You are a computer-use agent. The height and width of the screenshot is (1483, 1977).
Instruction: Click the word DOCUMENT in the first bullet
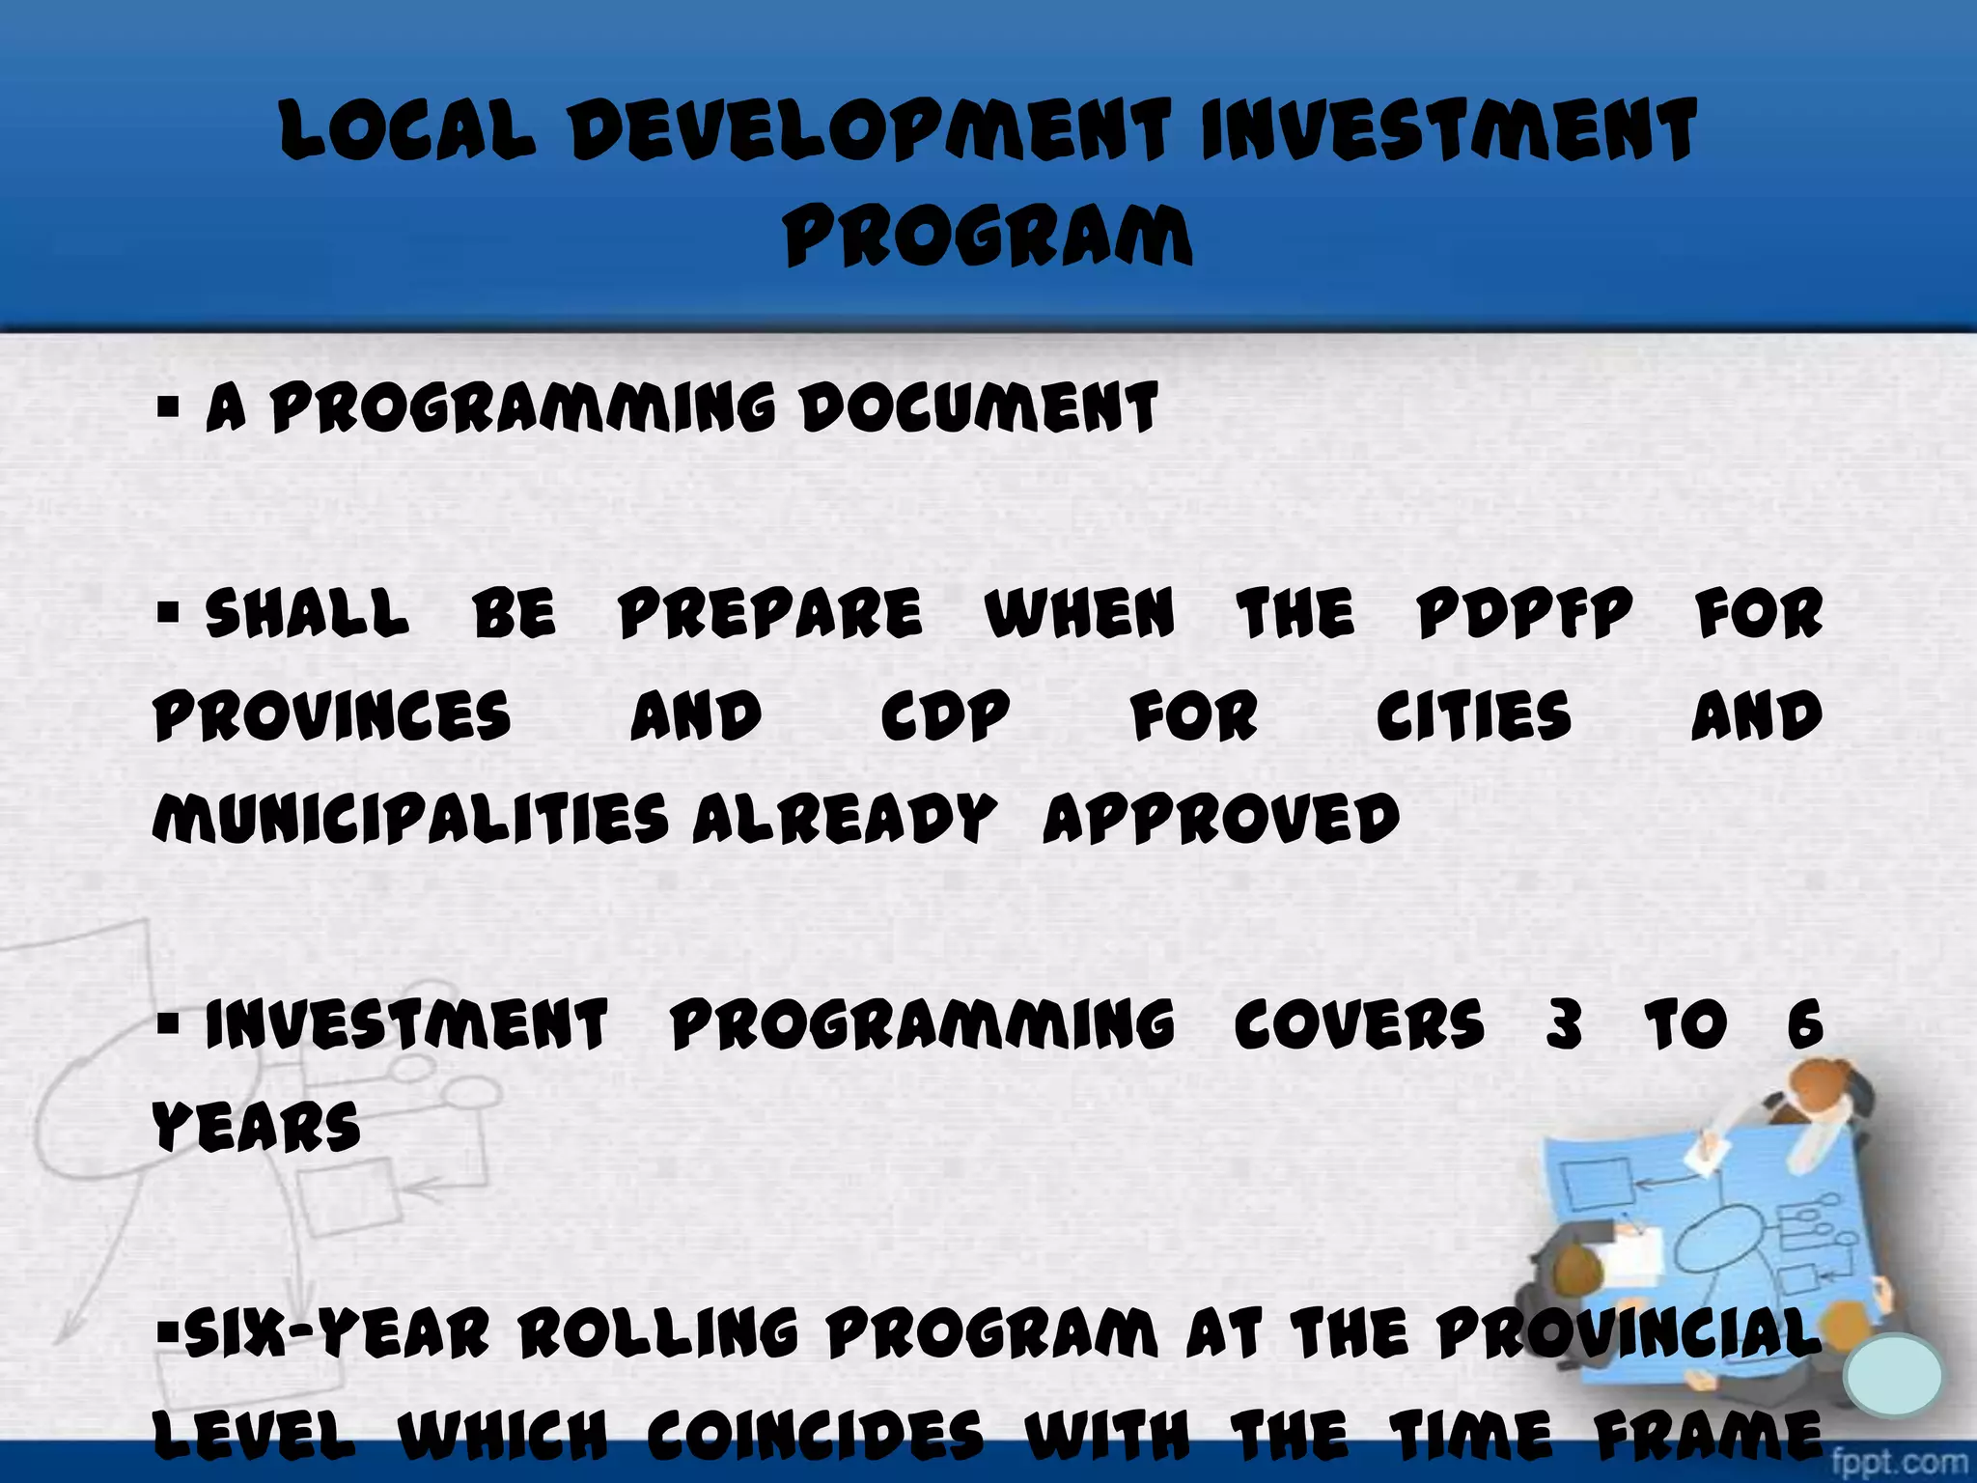979,407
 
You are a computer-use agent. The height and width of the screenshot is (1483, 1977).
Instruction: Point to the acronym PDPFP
1524,613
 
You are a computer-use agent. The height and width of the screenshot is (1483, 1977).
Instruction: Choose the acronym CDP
945,716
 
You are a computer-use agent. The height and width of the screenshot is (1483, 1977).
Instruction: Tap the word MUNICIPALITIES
410,819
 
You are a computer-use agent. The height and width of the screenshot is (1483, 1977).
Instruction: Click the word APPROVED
1221,819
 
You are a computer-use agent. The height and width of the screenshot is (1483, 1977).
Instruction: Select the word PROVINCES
332,716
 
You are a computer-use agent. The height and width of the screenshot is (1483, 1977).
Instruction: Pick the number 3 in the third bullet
1564,1024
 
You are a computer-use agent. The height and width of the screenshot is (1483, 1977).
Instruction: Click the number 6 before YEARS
1804,1024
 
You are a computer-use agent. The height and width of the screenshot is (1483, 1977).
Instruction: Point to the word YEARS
257,1127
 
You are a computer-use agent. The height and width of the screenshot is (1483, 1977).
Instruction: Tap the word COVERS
1359,1024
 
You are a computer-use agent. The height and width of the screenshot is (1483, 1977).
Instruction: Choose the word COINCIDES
816,1436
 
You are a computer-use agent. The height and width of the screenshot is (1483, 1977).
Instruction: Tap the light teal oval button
1892,1375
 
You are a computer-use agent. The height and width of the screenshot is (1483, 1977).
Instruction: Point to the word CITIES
1474,716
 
